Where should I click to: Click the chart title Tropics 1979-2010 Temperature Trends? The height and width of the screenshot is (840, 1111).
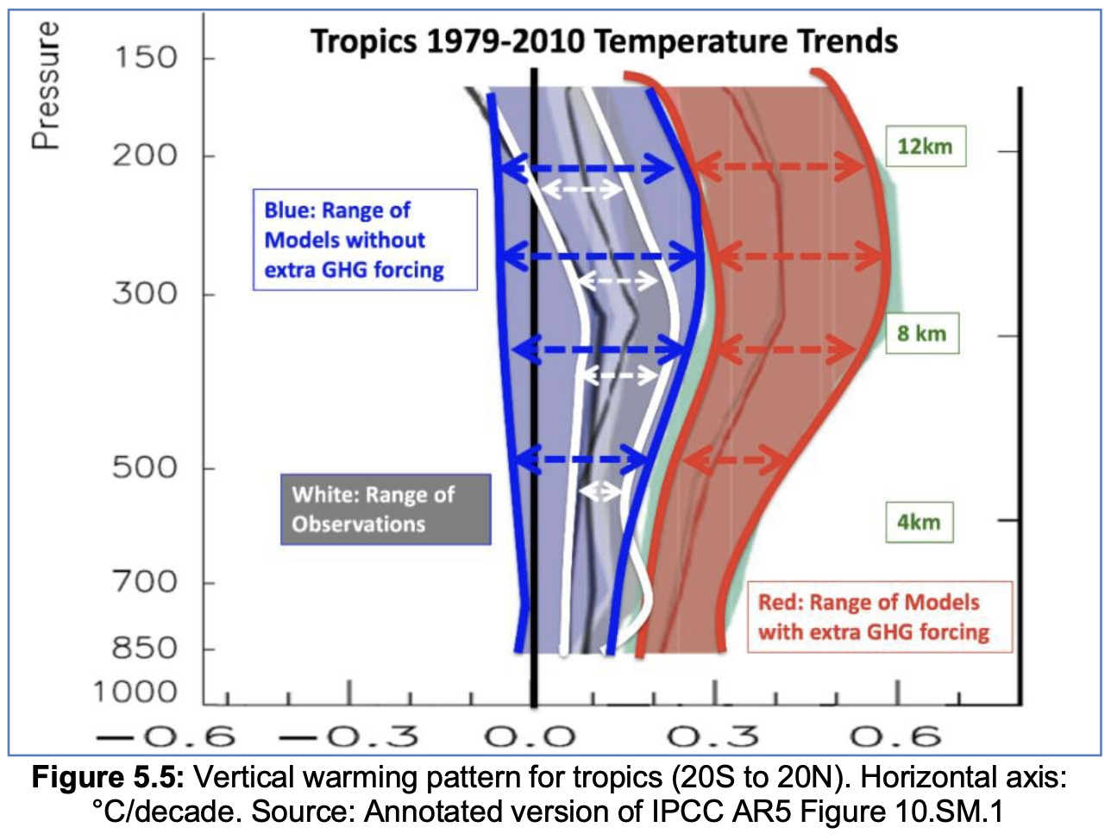(604, 41)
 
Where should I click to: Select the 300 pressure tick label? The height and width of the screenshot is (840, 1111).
(145, 293)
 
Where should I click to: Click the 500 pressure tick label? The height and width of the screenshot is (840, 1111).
(145, 467)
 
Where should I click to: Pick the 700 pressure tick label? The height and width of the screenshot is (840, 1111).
(145, 582)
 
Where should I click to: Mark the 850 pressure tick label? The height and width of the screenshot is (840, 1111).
(145, 648)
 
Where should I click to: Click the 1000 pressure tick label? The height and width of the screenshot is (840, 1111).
(135, 692)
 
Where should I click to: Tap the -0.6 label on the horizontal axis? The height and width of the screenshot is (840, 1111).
(167, 737)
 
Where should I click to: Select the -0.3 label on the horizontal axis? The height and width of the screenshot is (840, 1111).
(350, 737)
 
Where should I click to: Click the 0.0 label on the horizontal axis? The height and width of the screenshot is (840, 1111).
(530, 737)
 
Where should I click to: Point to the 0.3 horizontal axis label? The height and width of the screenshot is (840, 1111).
(714, 737)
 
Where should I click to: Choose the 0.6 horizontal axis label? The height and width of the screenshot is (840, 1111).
(897, 737)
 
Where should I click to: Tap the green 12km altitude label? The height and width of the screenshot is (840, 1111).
(925, 147)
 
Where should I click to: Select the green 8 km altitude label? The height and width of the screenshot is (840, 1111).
(921, 334)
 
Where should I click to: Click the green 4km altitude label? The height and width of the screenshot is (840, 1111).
(919, 522)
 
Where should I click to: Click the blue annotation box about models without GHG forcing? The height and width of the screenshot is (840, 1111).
(364, 240)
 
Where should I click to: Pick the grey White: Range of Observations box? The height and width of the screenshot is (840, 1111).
(385, 509)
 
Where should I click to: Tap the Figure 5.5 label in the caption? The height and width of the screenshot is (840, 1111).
(107, 778)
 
